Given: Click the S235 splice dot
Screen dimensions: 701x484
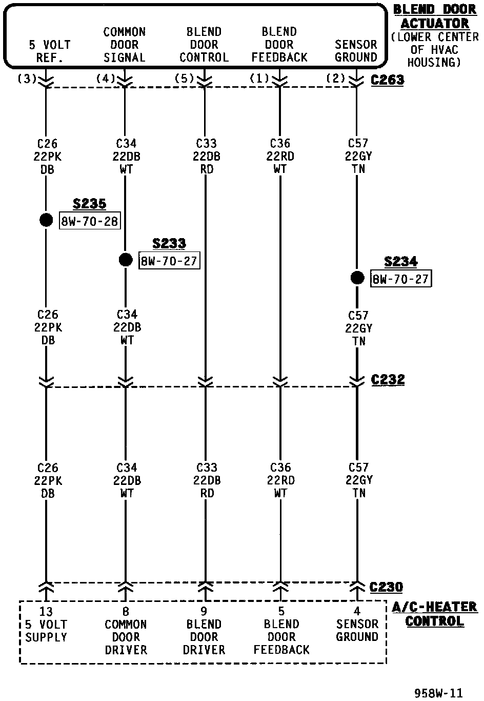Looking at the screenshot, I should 46,220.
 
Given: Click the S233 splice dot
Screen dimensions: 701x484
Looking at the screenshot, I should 126,260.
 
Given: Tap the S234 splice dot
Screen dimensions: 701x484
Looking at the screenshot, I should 357,278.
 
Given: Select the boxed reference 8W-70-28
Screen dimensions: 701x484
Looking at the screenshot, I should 90,222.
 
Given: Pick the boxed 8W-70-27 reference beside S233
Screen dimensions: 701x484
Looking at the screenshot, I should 169,261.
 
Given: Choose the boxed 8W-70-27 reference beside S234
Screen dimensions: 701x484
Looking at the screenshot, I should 400,279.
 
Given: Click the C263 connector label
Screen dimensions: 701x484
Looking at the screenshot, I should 387,80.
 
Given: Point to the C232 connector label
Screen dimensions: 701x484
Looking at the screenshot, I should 388,380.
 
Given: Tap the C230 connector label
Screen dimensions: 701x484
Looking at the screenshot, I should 386,587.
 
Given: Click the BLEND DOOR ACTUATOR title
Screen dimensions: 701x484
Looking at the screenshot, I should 434,17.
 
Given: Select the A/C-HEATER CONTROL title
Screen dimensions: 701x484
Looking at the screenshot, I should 434,614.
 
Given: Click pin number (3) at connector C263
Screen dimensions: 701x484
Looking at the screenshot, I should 27,79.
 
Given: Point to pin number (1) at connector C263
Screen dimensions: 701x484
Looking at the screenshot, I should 259,79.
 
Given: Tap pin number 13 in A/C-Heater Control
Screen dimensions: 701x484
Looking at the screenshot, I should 46,612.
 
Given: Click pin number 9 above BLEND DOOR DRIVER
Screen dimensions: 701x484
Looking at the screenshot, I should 204,612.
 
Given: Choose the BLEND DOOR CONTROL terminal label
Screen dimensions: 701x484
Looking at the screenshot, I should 204,45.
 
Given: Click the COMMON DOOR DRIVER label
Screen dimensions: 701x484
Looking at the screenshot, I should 126,637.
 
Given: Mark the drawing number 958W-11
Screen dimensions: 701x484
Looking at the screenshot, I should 438,693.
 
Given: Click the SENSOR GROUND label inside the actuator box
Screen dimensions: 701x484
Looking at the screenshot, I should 356,51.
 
